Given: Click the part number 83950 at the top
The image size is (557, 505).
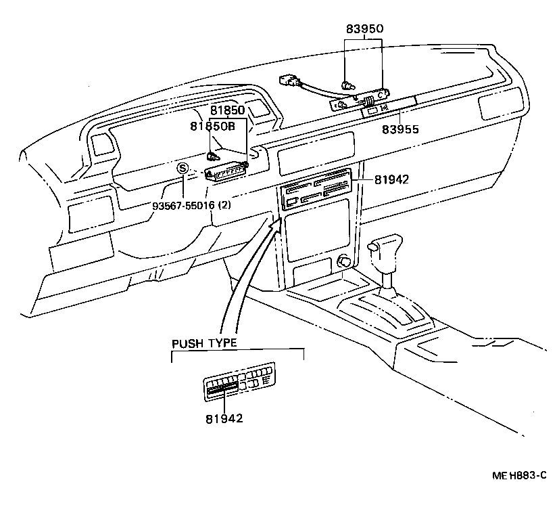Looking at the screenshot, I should click(364, 29).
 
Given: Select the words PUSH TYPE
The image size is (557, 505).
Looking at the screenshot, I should click(204, 343).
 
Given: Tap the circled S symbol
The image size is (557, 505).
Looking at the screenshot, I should click(182, 169).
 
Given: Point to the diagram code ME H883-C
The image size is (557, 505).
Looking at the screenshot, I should click(518, 476).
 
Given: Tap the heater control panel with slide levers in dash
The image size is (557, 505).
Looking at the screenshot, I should click(314, 191).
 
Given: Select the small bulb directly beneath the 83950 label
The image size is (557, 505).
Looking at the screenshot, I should click(348, 85).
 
